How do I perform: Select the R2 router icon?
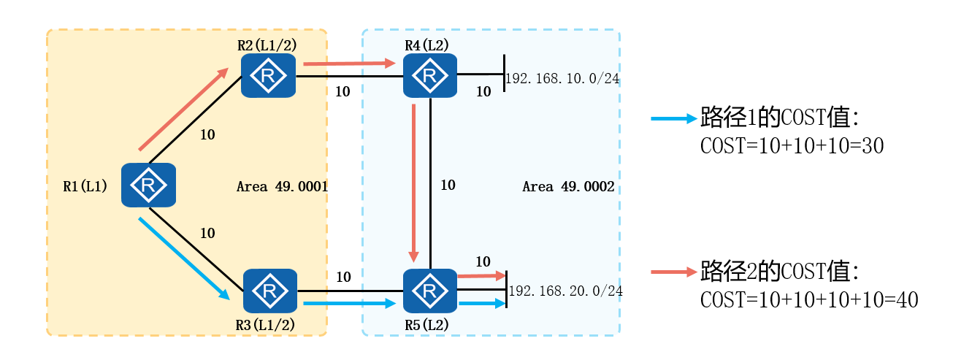(269, 75)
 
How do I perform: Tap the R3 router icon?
(270, 291)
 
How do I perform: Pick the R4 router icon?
(430, 75)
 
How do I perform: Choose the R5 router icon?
(430, 291)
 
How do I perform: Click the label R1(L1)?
(85, 186)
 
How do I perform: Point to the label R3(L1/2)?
(266, 325)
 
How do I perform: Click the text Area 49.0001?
(282, 187)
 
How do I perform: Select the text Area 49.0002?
(567, 188)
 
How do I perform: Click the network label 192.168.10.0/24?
(562, 78)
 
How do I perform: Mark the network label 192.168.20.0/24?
(565, 291)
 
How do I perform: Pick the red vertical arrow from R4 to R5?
(414, 183)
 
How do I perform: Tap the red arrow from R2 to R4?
(349, 64)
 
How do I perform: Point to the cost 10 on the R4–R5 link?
(447, 185)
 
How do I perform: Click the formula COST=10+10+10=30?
(792, 146)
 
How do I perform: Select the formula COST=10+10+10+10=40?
(808, 300)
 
